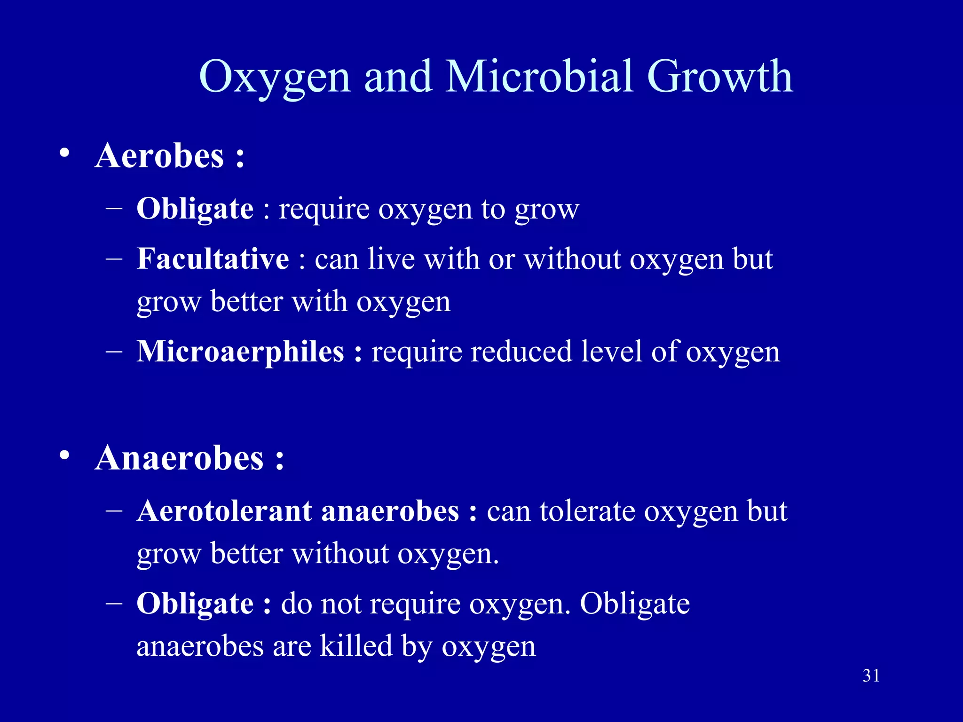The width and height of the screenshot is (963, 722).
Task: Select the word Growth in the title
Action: click(720, 77)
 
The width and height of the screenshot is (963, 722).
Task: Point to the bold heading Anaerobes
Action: click(179, 458)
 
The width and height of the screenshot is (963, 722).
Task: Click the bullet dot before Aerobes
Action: click(65, 153)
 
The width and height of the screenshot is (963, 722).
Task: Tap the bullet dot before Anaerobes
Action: click(65, 455)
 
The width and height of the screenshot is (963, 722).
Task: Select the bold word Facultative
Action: click(213, 259)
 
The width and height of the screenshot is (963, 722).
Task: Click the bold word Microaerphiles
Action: click(240, 352)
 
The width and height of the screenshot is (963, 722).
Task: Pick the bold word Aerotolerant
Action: click(224, 511)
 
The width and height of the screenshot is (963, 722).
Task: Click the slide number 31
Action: click(871, 675)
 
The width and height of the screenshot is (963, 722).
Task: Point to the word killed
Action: click(356, 646)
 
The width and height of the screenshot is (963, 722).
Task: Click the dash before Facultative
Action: click(114, 258)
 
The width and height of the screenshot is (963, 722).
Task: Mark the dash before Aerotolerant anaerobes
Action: click(114, 510)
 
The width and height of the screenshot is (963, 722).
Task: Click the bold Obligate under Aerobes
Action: click(195, 209)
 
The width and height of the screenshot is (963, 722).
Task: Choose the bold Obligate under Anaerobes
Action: click(195, 604)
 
